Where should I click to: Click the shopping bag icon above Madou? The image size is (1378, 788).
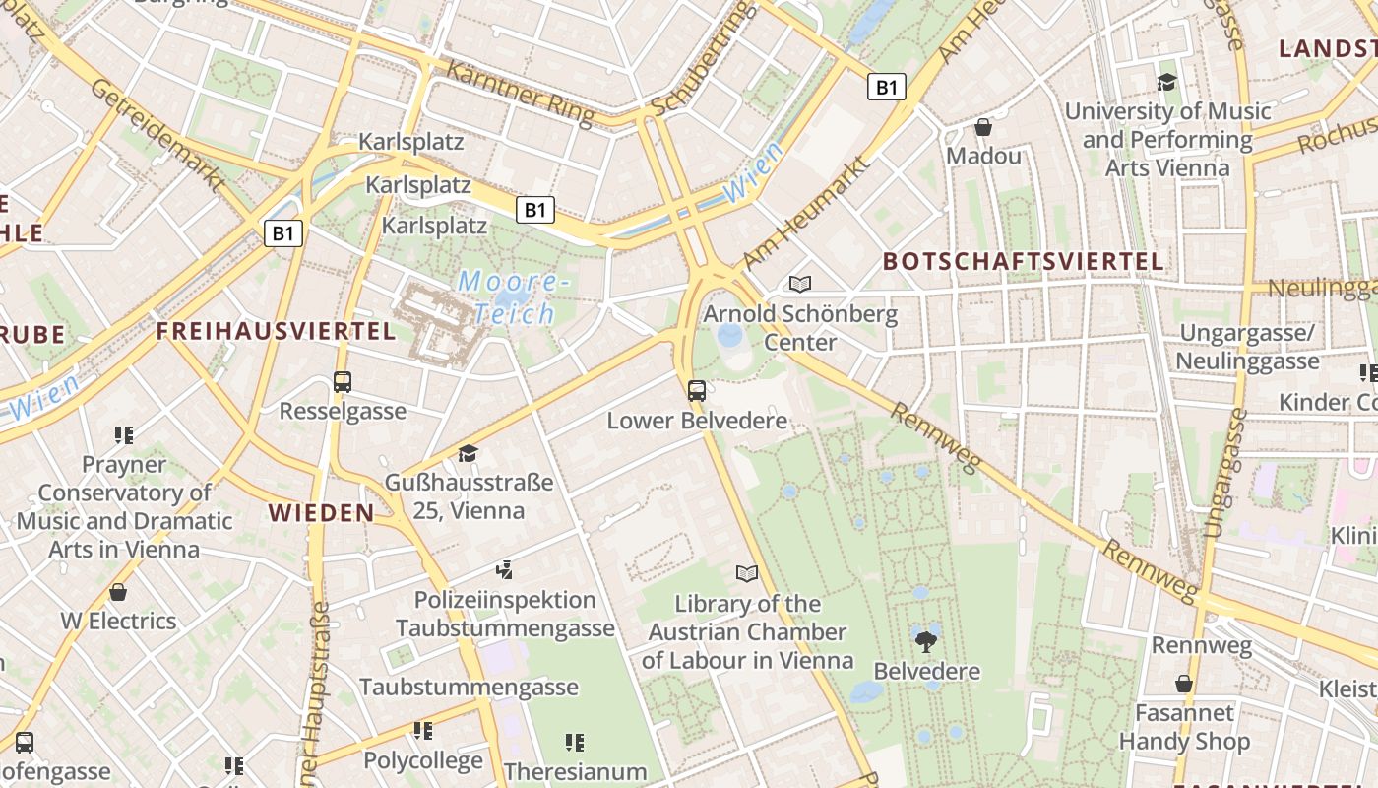point(982,127)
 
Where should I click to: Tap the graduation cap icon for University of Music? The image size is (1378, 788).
point(1167,82)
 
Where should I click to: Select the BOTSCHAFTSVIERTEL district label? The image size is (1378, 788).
point(1024,262)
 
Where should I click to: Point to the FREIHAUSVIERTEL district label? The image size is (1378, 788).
point(276,331)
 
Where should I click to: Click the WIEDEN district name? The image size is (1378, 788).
point(322,512)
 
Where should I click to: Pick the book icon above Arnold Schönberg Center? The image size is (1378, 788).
point(800,285)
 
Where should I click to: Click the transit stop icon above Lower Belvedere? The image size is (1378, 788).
point(697,390)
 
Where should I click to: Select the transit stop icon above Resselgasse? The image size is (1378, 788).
point(343,381)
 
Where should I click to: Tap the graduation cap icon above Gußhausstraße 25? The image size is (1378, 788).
point(468,453)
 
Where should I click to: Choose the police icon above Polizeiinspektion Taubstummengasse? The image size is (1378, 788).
point(505,569)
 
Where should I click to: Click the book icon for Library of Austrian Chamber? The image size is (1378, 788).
point(747,573)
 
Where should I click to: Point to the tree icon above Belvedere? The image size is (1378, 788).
point(926,641)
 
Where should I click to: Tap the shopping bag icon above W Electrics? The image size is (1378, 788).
point(118,592)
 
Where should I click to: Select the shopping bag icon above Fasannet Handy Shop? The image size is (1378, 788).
point(1184,683)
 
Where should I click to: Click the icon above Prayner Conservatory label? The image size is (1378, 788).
point(124,434)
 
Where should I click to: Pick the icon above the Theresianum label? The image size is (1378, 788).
point(575,742)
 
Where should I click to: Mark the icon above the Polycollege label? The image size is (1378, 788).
point(423,731)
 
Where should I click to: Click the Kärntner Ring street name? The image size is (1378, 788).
point(521,94)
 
